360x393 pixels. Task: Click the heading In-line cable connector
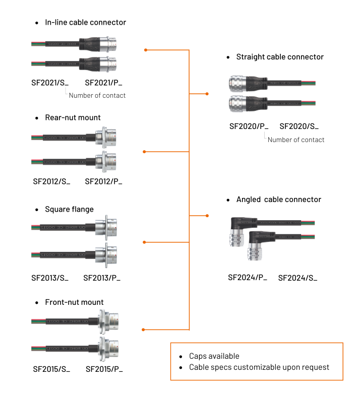click(85, 23)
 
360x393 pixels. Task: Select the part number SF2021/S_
click(50, 83)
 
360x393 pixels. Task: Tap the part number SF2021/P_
click(103, 83)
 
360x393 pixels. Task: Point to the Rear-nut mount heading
click(73, 117)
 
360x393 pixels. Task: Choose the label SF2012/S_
click(51, 181)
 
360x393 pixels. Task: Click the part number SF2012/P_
click(103, 181)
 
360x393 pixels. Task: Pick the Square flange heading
click(69, 209)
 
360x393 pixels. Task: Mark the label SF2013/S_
click(50, 278)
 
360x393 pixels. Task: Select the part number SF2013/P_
click(102, 278)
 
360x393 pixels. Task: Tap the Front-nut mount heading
click(74, 302)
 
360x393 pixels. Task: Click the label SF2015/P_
click(104, 369)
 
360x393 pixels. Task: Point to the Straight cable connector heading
click(280, 57)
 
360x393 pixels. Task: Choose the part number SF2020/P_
click(249, 126)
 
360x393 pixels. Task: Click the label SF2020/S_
click(299, 126)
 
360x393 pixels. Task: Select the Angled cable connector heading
click(278, 200)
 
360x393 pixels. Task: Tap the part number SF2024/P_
click(248, 277)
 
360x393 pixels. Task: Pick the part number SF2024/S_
click(298, 278)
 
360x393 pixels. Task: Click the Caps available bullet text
click(214, 356)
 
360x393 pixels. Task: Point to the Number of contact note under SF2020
click(296, 140)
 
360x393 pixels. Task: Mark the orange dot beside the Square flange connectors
click(144, 242)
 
